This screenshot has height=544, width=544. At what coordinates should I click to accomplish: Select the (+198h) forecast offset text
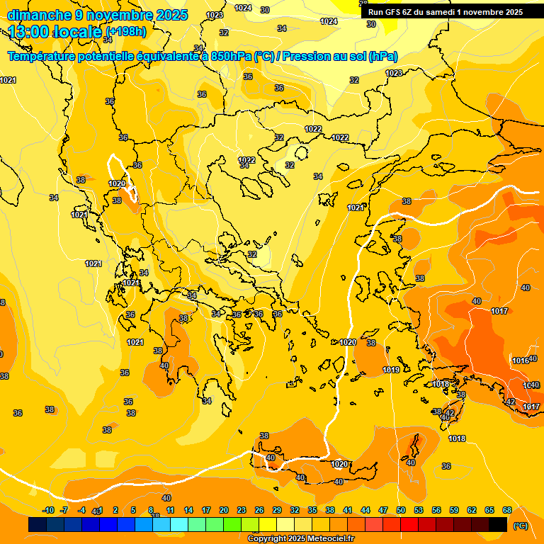pos(125,31)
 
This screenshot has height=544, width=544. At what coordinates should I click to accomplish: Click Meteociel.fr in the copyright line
pos(329,539)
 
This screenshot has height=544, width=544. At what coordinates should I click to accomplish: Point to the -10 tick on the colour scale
pos(48,510)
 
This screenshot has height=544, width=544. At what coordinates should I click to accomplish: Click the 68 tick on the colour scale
pos(507,510)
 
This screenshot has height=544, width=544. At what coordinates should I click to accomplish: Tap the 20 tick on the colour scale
pos(224,510)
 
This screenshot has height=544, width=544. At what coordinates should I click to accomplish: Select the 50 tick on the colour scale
pos(401,510)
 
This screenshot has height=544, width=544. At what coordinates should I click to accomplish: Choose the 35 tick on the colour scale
pos(312,510)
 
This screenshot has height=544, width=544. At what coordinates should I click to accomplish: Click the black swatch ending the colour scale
pos(498,524)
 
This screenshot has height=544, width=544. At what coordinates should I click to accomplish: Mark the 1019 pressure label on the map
pos(391,370)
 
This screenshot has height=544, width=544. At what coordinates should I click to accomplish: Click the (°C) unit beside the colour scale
pos(521,525)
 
